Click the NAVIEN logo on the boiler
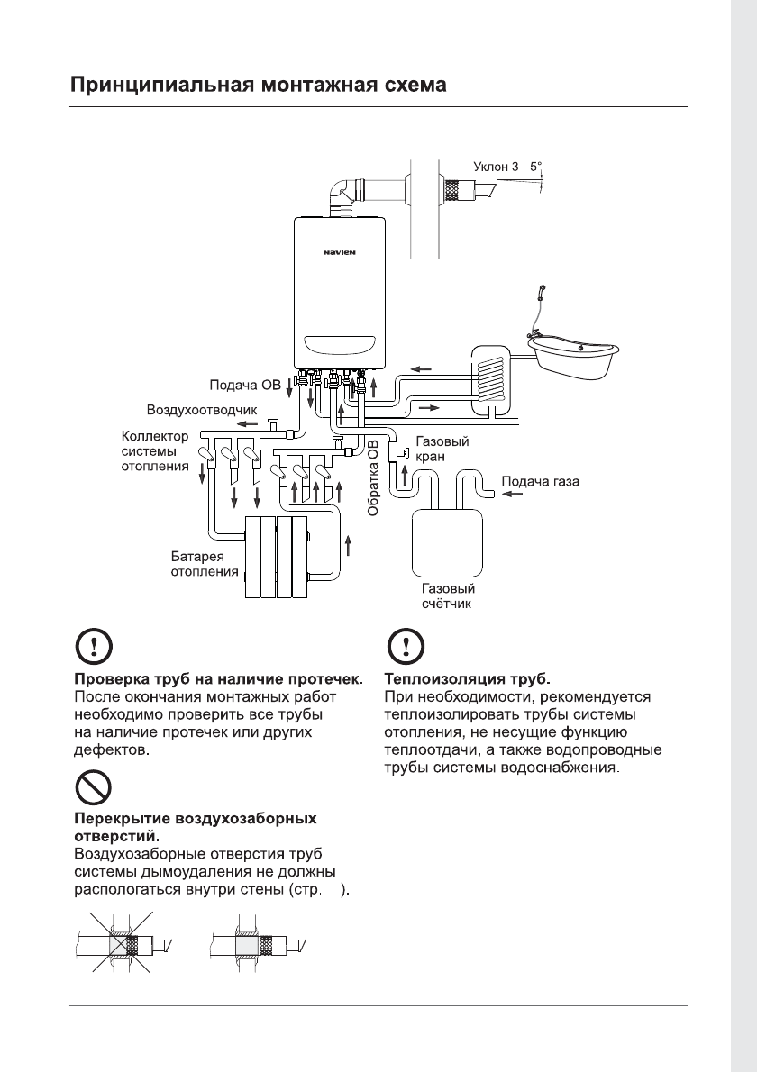[341, 252]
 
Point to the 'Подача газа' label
[540, 482]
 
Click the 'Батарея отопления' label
[205, 563]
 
